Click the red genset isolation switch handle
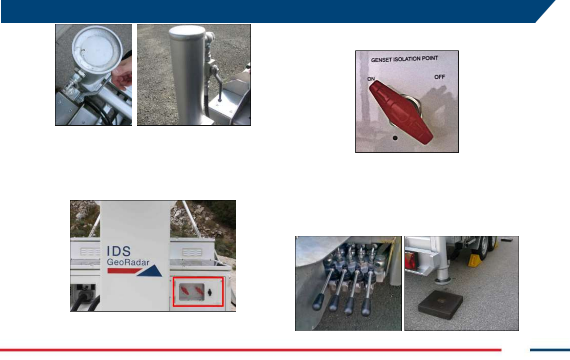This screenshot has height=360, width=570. point(401,112)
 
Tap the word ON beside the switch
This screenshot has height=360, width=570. point(371,79)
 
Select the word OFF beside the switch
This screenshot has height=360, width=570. point(440,77)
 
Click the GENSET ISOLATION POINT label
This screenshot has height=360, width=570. point(404,59)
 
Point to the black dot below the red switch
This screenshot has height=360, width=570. point(395,138)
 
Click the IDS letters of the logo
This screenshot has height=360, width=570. point(119,251)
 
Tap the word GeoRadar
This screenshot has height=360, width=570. point(128,262)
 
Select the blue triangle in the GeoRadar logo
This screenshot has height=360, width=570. point(150,271)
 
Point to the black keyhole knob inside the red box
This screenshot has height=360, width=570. point(210,293)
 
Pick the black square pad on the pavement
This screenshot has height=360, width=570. point(440,305)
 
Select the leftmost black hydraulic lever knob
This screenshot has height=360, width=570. point(318,302)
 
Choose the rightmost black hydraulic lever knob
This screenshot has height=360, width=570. point(366,307)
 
